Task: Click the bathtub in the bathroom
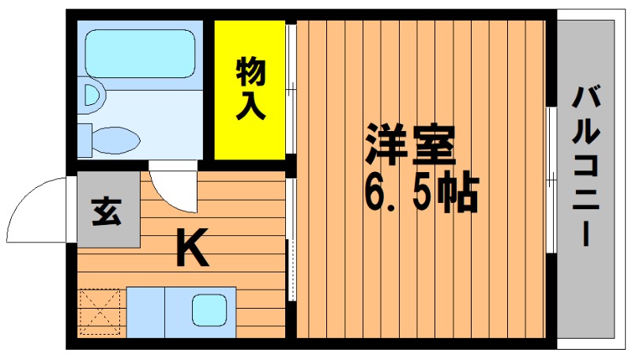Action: pyautogui.click(x=141, y=54)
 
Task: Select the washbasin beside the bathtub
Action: pyautogui.click(x=92, y=96)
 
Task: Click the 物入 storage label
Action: pyautogui.click(x=250, y=88)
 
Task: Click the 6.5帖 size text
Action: pyautogui.click(x=421, y=192)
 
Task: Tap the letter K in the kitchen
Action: pyautogui.click(x=193, y=247)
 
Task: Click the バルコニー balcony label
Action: pyautogui.click(x=585, y=166)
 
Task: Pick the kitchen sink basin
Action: pyautogui.click(x=209, y=310)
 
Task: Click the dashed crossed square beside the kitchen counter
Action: pyautogui.click(x=100, y=312)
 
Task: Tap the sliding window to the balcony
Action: pyautogui.click(x=551, y=179)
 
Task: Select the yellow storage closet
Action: pyautogui.click(x=250, y=90)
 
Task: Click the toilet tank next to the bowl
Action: pyautogui.click(x=85, y=141)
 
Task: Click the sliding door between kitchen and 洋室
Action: pyautogui.click(x=291, y=239)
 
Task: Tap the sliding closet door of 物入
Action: pyautogui.click(x=291, y=88)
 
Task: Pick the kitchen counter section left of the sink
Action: pyautogui.click(x=145, y=312)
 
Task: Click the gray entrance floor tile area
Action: pyautogui.click(x=108, y=209)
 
